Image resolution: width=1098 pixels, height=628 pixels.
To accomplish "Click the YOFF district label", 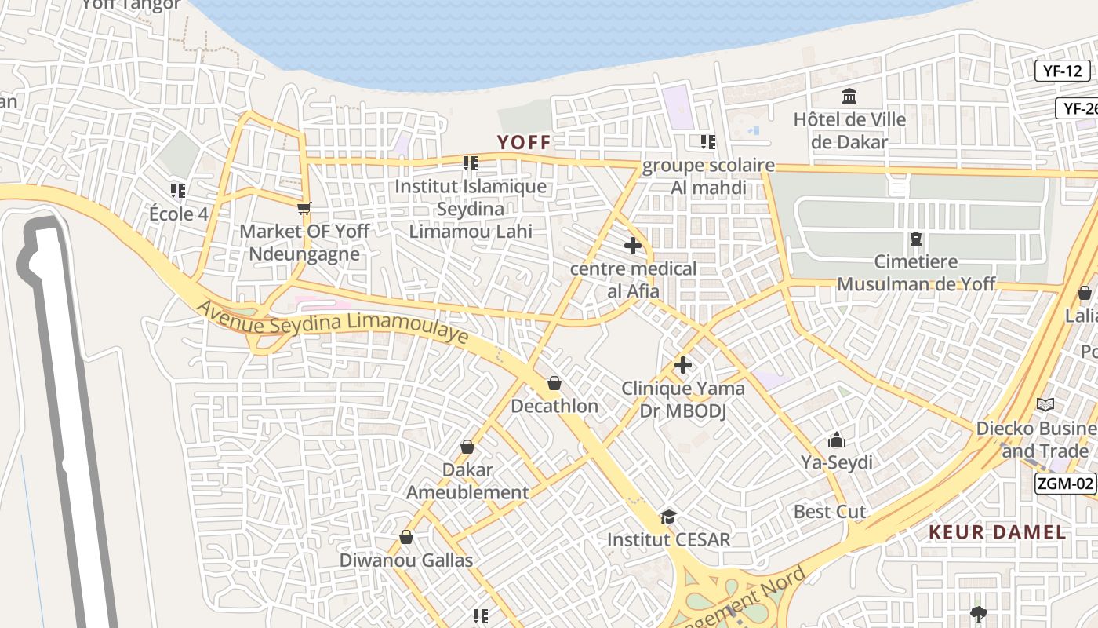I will pos(524,142).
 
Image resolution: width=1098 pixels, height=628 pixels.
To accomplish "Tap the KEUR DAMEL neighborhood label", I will pos(997,532).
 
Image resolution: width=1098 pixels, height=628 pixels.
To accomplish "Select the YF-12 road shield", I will pos(1062,71).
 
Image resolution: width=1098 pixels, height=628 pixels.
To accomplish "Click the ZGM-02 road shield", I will pos(1064,483).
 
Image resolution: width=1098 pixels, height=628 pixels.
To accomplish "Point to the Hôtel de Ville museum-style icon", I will pos(849,97).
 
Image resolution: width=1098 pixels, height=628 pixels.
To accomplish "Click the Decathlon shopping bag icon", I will pos(554,383).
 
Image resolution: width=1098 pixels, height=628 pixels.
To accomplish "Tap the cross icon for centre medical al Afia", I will pos(632,246).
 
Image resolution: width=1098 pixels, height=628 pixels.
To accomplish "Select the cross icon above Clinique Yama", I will pos(682,365).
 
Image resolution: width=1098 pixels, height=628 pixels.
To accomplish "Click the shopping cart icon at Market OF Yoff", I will pos(304,209).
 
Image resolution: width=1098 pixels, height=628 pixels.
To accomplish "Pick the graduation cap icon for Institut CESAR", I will pos(668,517).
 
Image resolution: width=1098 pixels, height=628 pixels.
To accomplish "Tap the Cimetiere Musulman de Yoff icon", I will pos(915,239).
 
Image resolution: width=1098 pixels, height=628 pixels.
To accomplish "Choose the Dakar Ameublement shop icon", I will pos(467,447).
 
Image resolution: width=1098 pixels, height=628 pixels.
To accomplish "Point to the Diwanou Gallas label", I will pos(405,560).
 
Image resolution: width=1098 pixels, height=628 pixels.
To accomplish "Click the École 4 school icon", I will pos(178,190).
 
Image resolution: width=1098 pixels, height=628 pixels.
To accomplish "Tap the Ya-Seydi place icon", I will pos(836,440).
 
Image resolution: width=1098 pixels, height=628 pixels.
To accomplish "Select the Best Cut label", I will pos(829,512).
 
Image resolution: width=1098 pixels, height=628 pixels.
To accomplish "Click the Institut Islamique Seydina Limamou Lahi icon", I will pos(470,163).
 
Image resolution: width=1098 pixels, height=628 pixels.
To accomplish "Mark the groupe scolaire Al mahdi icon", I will pos(707,142).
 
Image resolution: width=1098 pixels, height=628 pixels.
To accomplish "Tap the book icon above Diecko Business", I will pos(1045,404).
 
